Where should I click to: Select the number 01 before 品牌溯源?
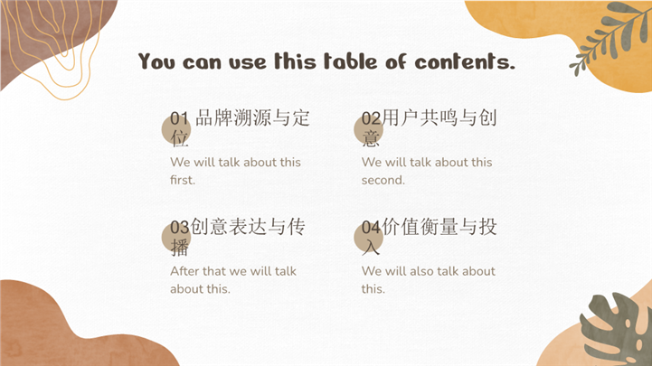180,118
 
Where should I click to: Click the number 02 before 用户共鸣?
371,118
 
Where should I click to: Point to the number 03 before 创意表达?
180,227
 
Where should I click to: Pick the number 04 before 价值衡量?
371,227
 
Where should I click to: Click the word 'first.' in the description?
183,180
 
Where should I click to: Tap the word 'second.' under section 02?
383,180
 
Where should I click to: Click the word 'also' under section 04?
421,271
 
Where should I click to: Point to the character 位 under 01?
180,138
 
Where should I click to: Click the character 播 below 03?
180,248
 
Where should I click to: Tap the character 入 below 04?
371,248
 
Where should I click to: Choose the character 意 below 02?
371,138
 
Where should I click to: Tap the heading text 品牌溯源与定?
252,118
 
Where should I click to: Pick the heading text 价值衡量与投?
439,227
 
